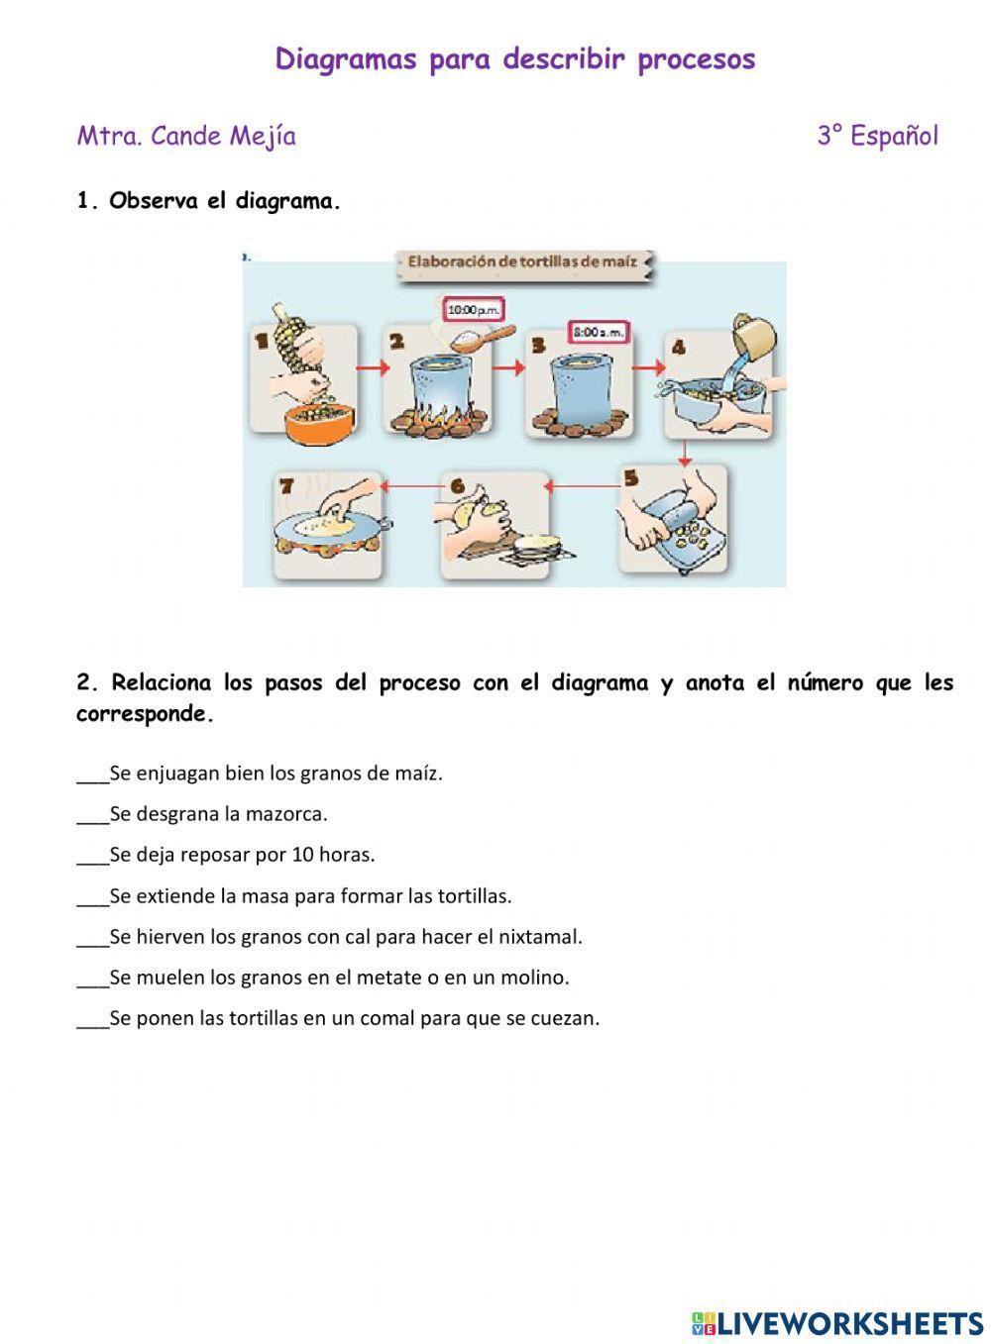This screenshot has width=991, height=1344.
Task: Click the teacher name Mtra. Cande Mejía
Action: (186, 136)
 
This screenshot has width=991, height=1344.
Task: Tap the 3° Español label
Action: (877, 136)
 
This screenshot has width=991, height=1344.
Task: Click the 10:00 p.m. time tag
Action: (474, 310)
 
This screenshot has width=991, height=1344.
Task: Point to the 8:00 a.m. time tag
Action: (599, 332)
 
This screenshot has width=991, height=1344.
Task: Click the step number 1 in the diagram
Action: (262, 341)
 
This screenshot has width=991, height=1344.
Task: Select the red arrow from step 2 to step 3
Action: (507, 368)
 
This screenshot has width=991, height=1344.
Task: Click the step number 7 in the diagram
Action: (286, 486)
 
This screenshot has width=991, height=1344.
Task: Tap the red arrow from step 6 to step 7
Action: (412, 486)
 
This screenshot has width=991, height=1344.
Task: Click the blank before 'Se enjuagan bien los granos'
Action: (92, 774)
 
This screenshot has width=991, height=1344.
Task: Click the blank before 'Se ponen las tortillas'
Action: (92, 1018)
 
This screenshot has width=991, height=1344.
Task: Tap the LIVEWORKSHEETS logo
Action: (837, 1322)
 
